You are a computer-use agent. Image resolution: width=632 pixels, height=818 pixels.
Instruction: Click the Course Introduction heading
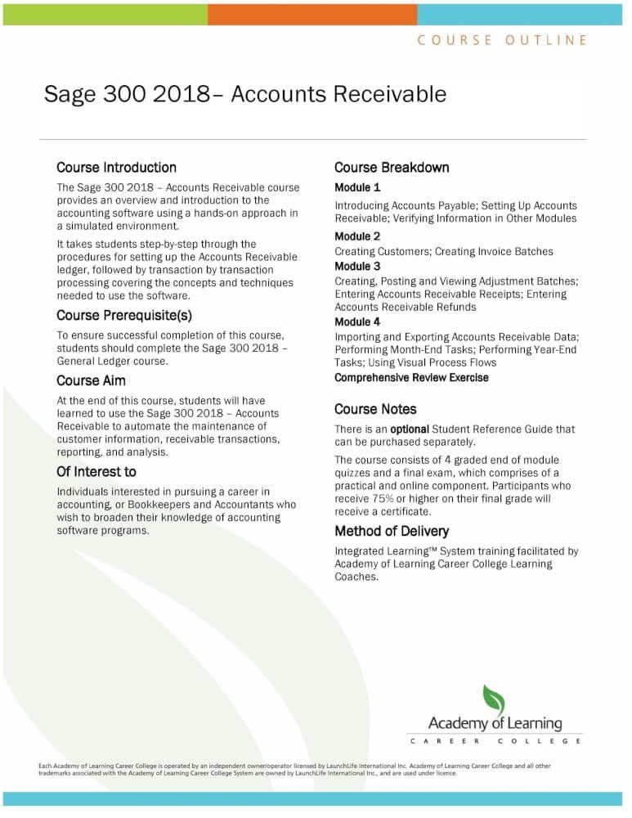pyautogui.click(x=116, y=168)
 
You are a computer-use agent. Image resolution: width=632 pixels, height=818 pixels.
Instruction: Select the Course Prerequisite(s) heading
pyautogui.click(x=124, y=315)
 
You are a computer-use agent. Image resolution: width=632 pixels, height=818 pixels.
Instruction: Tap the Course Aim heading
pyautogui.click(x=91, y=380)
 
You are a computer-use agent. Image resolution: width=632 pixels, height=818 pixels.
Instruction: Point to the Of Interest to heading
pyautogui.click(x=96, y=472)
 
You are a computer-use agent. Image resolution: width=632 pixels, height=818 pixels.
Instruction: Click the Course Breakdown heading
pyautogui.click(x=392, y=168)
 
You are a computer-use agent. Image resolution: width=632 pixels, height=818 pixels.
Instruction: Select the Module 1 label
pyautogui.click(x=357, y=187)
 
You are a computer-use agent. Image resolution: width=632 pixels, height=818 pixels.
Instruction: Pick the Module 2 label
pyautogui.click(x=357, y=236)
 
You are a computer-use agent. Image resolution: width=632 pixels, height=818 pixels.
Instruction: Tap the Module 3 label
pyautogui.click(x=357, y=266)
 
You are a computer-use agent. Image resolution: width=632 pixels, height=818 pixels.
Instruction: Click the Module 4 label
pyautogui.click(x=357, y=321)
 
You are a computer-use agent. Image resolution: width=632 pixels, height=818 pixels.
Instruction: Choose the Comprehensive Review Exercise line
pyautogui.click(x=411, y=378)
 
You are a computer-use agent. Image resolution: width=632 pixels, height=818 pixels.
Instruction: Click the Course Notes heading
pyautogui.click(x=375, y=409)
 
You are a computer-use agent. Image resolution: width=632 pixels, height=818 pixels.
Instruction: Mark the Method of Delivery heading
pyautogui.click(x=392, y=532)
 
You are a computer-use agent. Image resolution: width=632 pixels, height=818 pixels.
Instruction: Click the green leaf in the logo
pyautogui.click(x=493, y=700)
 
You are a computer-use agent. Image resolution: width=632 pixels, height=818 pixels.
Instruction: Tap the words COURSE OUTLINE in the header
pyautogui.click(x=502, y=39)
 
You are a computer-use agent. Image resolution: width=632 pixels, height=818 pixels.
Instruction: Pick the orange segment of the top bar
pyautogui.click(x=312, y=13)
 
